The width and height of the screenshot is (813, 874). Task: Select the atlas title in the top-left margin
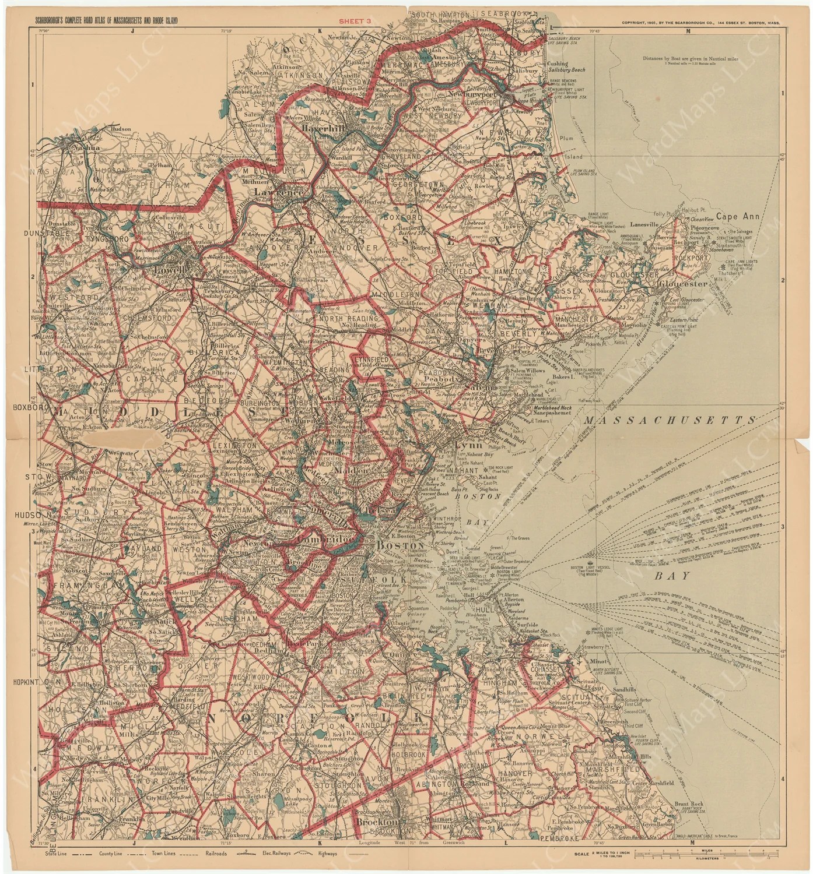[107, 22]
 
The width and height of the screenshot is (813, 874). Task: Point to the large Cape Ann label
[739, 216]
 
